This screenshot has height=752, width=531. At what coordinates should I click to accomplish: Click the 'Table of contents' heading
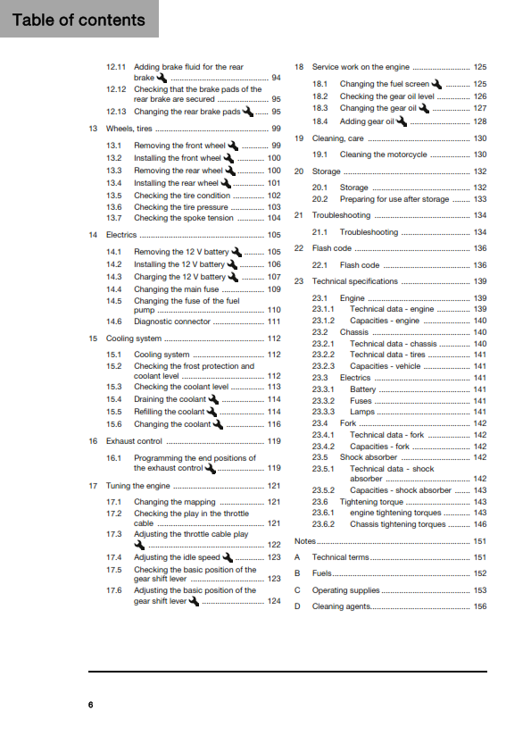click(x=79, y=20)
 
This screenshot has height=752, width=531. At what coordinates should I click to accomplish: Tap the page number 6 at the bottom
click(x=90, y=705)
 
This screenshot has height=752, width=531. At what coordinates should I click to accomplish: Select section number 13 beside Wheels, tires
click(x=93, y=129)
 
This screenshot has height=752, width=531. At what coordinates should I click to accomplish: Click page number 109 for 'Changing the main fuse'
click(x=274, y=289)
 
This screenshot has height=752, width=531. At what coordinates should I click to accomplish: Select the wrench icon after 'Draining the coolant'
click(x=212, y=399)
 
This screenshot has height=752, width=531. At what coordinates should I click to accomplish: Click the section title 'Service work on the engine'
click(x=361, y=67)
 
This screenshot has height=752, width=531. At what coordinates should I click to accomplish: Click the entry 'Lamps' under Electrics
click(x=362, y=412)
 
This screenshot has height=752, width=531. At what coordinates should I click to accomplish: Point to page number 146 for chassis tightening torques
click(x=479, y=524)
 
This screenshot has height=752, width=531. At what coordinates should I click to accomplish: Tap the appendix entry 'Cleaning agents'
click(x=340, y=606)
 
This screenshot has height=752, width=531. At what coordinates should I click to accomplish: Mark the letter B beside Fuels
click(x=297, y=573)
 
